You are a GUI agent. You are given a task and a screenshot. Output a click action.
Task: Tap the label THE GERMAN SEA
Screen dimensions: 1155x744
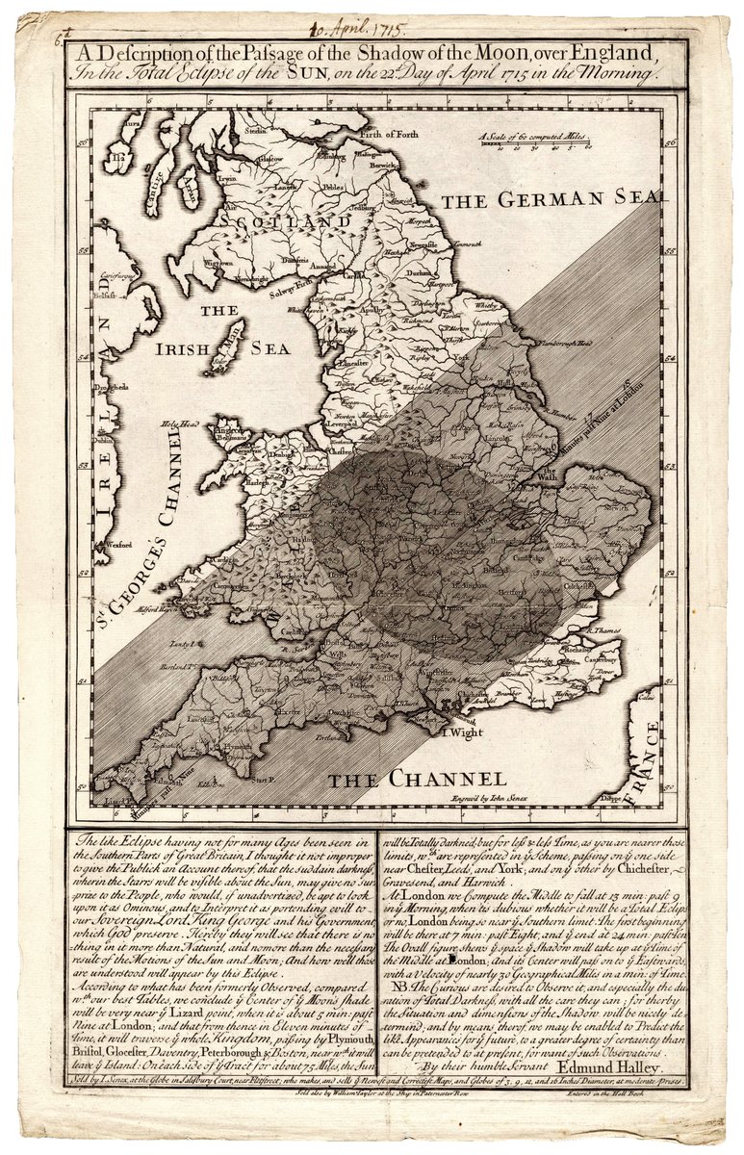tap(552, 199)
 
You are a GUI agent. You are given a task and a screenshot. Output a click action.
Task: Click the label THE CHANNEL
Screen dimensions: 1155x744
tap(414, 779)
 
